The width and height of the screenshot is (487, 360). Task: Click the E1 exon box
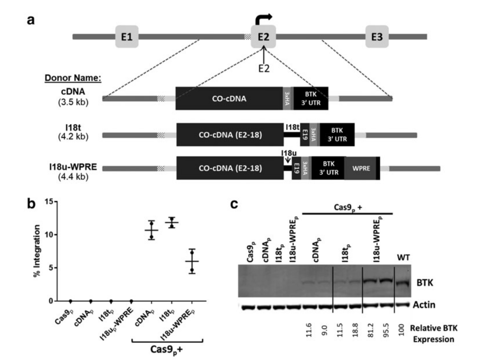coord(127,37)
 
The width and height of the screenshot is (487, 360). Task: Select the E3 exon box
coord(377,37)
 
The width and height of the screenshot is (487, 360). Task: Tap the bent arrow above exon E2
coord(263,19)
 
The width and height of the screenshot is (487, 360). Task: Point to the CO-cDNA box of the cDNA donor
coord(229,98)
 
